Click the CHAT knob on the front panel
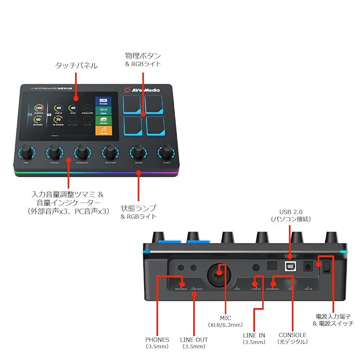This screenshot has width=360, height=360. [166, 152]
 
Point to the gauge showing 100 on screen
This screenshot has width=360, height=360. [39, 108]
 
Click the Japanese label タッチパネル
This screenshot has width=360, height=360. [76, 66]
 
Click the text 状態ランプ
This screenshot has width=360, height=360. [138, 207]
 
